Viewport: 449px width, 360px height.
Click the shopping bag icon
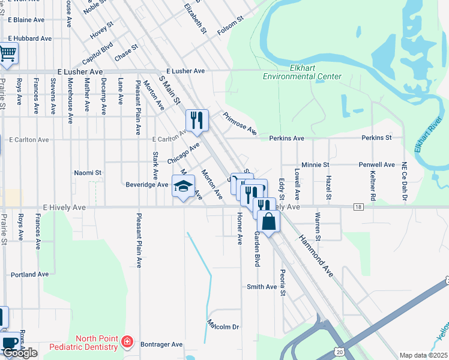pyautogui.click(x=269, y=221)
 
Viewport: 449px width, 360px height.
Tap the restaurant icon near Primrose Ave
pyautogui.click(x=197, y=120)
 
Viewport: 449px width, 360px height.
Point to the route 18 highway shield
pyautogui.click(x=358, y=207)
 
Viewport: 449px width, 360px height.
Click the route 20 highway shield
pyautogui.click(x=340, y=351)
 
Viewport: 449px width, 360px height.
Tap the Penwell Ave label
pyautogui.click(x=377, y=164)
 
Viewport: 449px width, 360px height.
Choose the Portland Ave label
pyautogui.click(x=29, y=274)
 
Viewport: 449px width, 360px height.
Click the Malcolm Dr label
pyautogui.click(x=223, y=326)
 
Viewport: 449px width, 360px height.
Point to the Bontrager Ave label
pyautogui.click(x=161, y=344)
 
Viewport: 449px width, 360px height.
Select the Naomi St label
pyautogui.click(x=88, y=173)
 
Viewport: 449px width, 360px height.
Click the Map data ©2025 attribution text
pyautogui.click(x=423, y=355)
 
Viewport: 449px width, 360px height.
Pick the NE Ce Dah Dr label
pyautogui.click(x=405, y=181)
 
